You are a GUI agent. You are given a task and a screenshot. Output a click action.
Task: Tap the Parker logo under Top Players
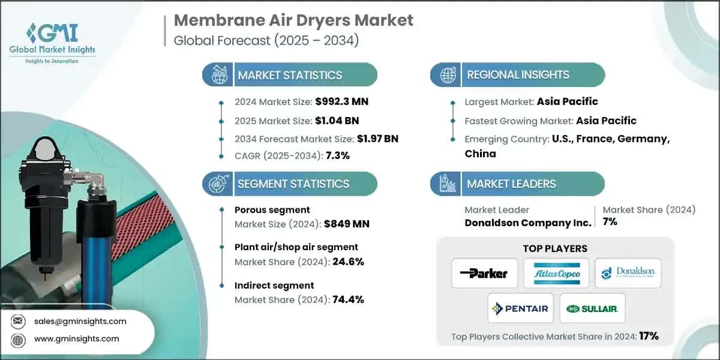(x=484, y=274)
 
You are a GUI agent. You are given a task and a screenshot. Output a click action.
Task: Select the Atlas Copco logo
(x=556, y=274)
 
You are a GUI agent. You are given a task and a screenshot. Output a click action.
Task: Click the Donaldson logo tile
(x=628, y=274)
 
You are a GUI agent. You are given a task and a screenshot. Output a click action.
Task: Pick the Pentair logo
(x=520, y=308)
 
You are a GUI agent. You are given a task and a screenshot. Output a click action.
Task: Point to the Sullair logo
(x=592, y=308)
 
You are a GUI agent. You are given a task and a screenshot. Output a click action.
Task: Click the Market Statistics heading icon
(x=217, y=75)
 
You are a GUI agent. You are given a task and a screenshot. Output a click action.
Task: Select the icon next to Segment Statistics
(x=217, y=184)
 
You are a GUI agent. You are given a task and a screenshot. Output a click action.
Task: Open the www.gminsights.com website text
(x=77, y=338)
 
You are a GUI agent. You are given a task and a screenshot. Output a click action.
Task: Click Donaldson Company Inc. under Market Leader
(x=528, y=222)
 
